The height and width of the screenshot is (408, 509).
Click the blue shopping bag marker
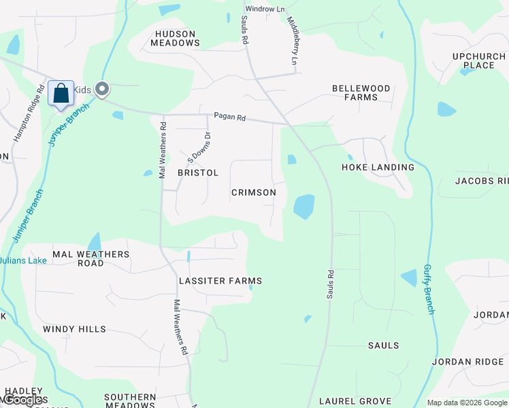(61, 93)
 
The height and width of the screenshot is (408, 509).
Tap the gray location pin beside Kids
(103, 89)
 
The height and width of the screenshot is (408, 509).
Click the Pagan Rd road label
(229, 118)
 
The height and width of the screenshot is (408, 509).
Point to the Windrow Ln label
(265, 9)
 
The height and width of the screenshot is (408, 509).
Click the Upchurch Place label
(474, 61)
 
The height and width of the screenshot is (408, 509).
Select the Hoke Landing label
(378, 167)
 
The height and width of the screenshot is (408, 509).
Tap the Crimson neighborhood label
(254, 192)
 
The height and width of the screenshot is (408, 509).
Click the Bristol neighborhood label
(198, 173)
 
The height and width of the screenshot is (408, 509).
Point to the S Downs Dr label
(199, 146)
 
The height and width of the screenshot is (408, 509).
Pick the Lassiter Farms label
(220, 281)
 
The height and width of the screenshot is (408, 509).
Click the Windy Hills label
(74, 329)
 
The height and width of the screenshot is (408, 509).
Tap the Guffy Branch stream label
(429, 289)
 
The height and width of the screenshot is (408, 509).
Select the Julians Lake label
(24, 260)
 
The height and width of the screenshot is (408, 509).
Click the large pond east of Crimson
(303, 206)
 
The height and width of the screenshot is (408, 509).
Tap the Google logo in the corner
(24, 401)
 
